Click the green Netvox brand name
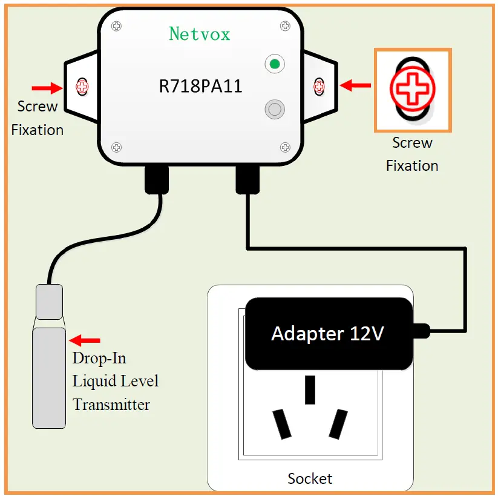200,34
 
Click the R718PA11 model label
200,86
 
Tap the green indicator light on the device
274,63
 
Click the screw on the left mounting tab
82,87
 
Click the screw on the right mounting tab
319,87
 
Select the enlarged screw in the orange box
412,90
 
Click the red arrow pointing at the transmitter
85,340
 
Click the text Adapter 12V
327,333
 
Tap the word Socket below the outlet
310,478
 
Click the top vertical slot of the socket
310,389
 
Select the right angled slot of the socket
338,424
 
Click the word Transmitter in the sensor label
111,404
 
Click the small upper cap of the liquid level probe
49,301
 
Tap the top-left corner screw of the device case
117,26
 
